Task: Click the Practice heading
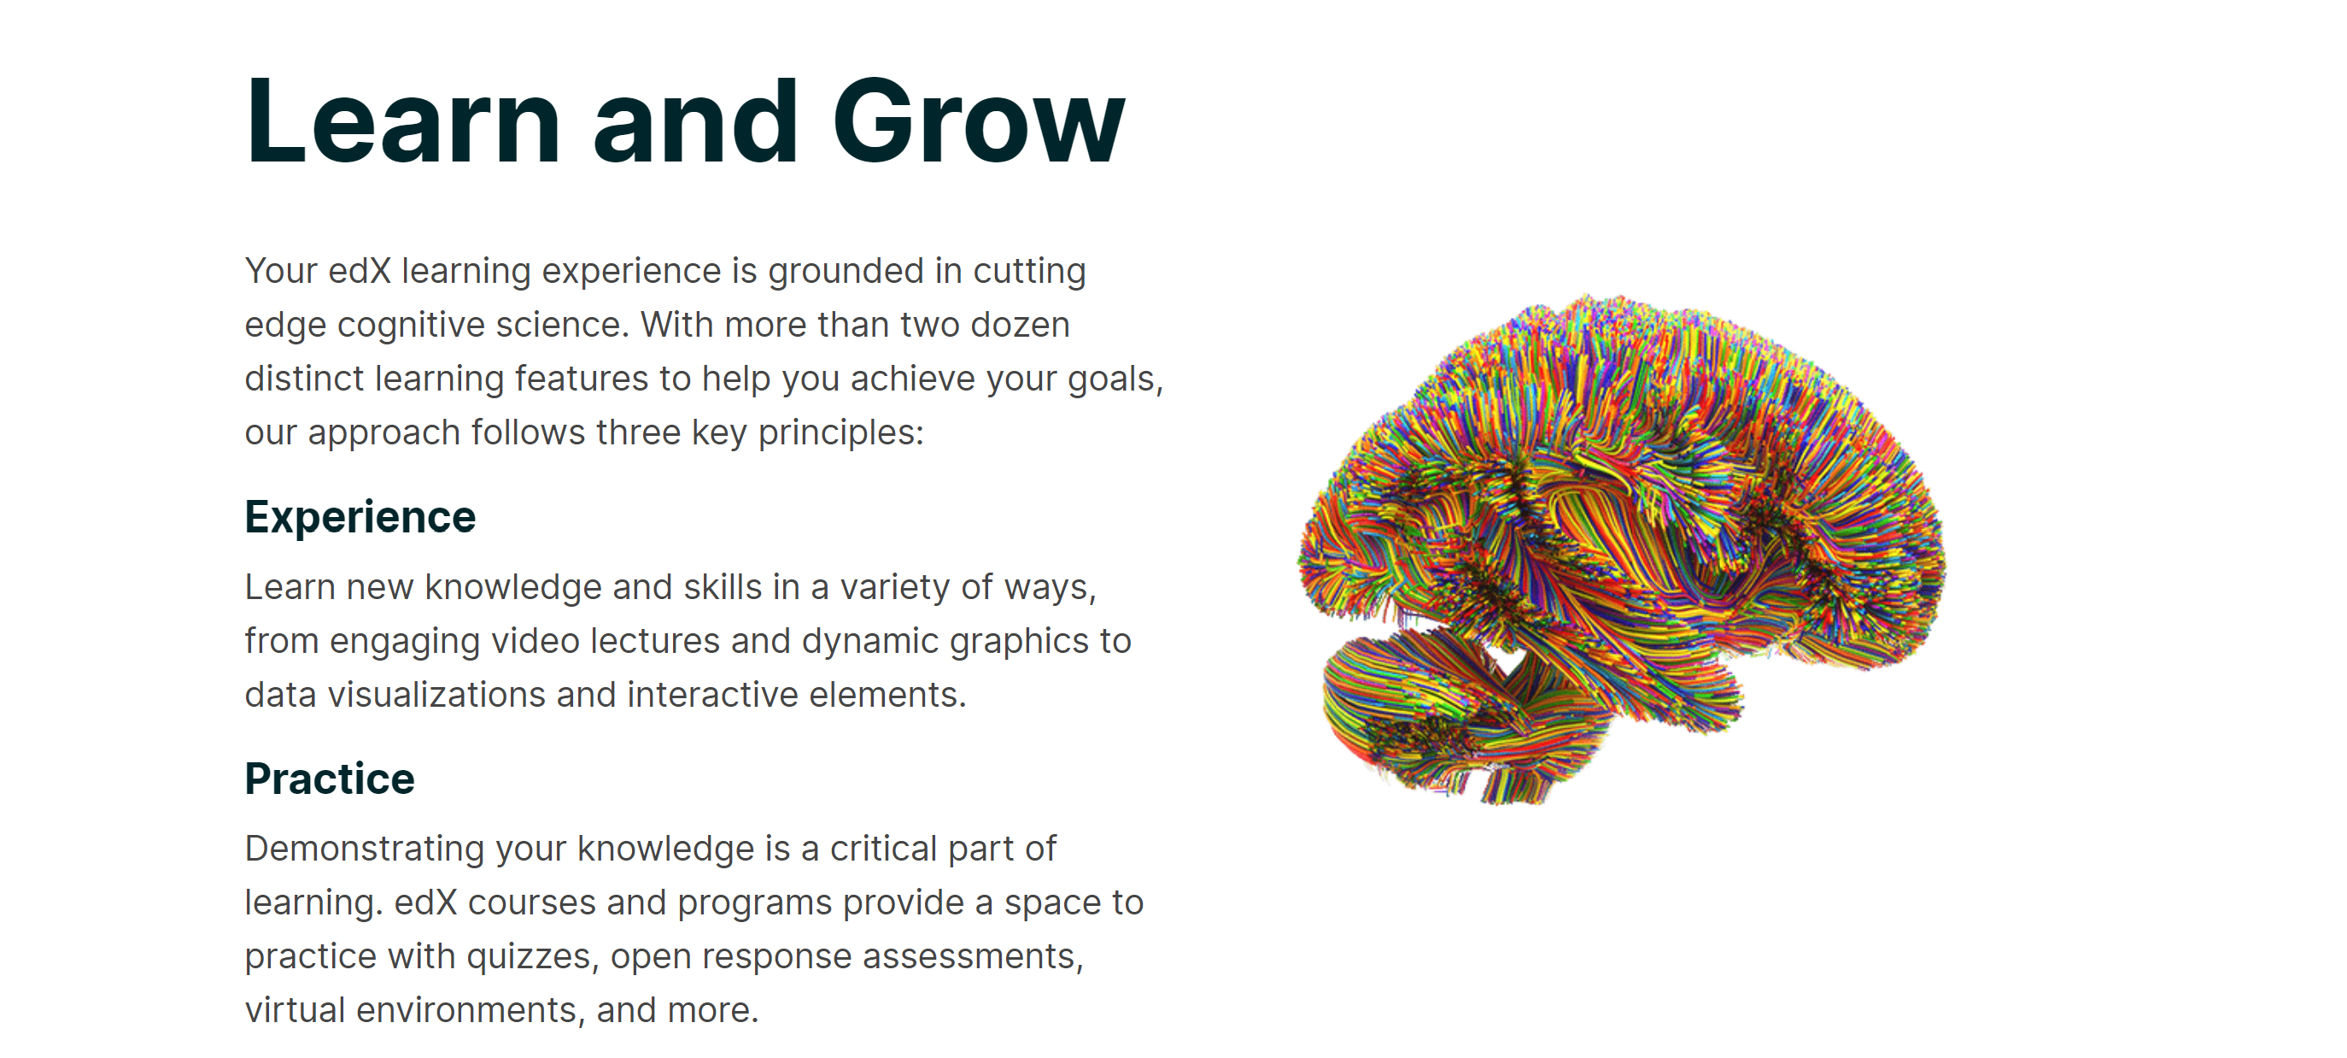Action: coord(330,779)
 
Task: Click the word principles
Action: coord(841,433)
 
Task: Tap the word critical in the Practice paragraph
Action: coord(884,849)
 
